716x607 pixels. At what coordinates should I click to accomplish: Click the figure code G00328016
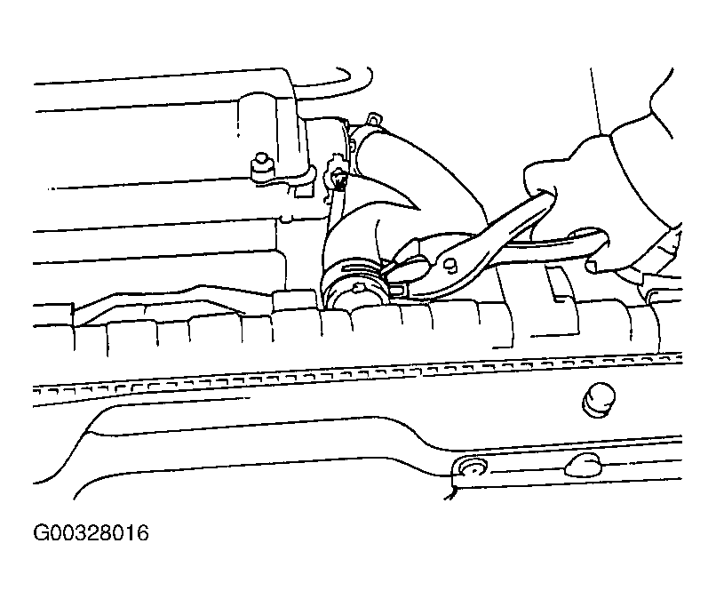[x=91, y=533]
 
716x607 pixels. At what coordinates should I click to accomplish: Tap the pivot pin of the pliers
[x=449, y=264]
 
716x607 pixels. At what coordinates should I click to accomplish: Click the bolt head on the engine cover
[x=261, y=166]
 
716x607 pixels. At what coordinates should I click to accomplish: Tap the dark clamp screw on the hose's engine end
[x=338, y=180]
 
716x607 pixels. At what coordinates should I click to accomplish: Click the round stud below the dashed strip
[x=598, y=400]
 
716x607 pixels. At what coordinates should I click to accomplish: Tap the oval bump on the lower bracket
[x=584, y=464]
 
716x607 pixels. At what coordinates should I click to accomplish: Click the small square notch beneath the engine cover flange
[x=300, y=190]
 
